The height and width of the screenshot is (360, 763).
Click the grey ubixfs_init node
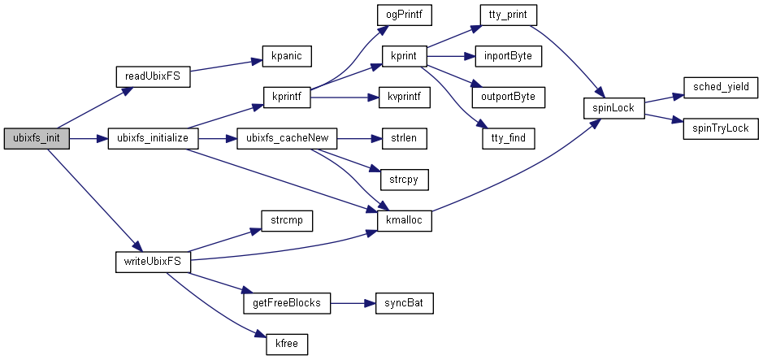pyautogui.click(x=36, y=139)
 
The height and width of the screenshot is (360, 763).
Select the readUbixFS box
pyautogui.click(x=152, y=77)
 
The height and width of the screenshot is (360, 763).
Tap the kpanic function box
pyautogui.click(x=287, y=59)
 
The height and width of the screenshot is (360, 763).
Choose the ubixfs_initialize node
pyautogui.click(x=153, y=139)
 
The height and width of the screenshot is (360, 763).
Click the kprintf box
pyautogui.click(x=287, y=98)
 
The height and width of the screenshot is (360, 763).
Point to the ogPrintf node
pyautogui.click(x=402, y=16)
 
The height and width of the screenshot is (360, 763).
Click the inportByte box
pyautogui.click(x=508, y=56)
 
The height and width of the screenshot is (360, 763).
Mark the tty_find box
pyautogui.click(x=509, y=139)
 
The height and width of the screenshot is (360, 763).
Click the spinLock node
pyautogui.click(x=613, y=107)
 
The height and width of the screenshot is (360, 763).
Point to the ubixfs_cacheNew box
pyautogui.click(x=286, y=139)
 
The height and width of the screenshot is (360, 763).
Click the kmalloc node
pyautogui.click(x=405, y=221)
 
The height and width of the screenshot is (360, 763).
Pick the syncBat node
pyautogui.click(x=402, y=303)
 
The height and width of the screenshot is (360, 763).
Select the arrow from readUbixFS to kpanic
pyautogui.click(x=225, y=68)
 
